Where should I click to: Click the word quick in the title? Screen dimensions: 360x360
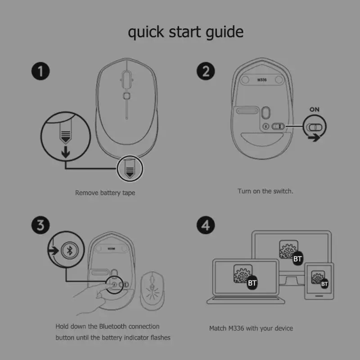point(146,32)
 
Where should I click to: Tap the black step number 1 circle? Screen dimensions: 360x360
point(40,71)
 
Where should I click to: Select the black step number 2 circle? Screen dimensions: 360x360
point(206,71)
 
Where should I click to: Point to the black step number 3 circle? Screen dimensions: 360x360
point(40,225)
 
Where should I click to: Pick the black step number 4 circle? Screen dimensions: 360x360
point(206,225)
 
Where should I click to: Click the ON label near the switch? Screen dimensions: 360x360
point(314,109)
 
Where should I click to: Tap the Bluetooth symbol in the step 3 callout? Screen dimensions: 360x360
point(70,250)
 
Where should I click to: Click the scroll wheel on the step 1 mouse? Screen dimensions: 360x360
point(126,80)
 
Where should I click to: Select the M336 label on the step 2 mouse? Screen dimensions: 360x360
point(262,80)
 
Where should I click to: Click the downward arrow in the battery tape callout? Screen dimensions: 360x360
point(66,152)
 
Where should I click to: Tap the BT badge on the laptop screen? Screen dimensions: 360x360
point(252,283)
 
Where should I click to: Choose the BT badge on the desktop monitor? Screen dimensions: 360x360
point(297,259)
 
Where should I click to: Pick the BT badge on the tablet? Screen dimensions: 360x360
point(324,284)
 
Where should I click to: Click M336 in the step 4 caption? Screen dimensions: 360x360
point(236,328)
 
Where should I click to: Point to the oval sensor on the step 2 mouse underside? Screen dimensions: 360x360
point(265,112)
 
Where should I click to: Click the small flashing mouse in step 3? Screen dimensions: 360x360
point(152,291)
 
